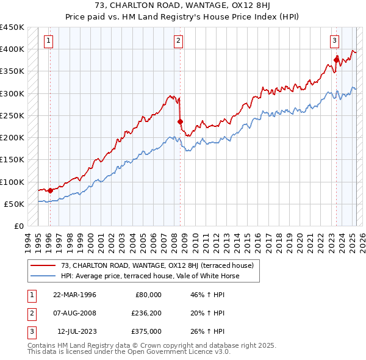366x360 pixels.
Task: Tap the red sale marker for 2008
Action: coord(180,121)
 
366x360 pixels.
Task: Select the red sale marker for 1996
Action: coord(50,190)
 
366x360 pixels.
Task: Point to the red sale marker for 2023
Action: coord(336,60)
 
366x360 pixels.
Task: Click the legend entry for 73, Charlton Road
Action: coord(152,265)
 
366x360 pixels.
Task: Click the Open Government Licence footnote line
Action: coord(129,352)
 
